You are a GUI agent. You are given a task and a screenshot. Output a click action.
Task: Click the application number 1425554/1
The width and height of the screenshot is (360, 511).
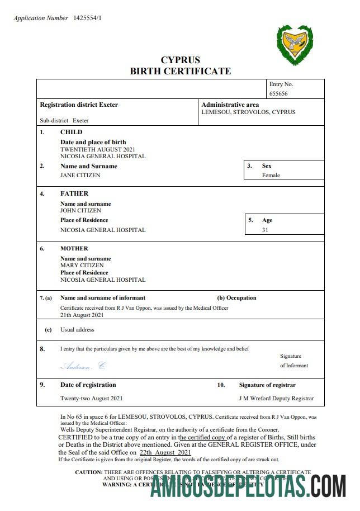click(87, 18)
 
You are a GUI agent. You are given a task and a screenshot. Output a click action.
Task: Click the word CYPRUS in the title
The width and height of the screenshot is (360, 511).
click(180, 60)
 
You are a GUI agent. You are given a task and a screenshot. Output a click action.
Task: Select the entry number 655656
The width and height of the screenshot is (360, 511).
click(278, 93)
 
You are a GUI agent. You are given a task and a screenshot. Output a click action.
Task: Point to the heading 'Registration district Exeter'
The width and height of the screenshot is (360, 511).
click(79, 105)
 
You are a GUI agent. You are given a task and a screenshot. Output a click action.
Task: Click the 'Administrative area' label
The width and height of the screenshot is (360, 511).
click(230, 105)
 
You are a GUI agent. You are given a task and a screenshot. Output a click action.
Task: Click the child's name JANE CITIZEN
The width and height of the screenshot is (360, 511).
click(80, 175)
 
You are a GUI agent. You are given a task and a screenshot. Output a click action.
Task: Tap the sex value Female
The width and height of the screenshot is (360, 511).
click(271, 175)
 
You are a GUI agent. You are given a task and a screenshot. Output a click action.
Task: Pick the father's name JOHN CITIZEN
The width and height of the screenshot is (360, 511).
click(80, 211)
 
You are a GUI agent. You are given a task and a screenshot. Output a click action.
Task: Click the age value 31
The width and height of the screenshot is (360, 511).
click(266, 230)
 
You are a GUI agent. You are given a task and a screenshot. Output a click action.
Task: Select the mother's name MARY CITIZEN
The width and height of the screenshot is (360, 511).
click(82, 266)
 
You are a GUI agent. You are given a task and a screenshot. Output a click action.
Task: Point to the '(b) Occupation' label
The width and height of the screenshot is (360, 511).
click(236, 298)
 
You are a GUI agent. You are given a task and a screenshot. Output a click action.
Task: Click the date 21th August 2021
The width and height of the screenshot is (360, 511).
click(82, 315)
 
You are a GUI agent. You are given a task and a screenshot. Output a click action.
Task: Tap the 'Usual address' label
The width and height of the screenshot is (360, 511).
click(77, 330)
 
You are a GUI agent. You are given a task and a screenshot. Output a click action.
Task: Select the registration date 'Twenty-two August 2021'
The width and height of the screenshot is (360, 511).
click(92, 399)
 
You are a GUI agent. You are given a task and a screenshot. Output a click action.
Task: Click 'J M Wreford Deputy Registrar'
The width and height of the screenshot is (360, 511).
click(276, 399)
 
